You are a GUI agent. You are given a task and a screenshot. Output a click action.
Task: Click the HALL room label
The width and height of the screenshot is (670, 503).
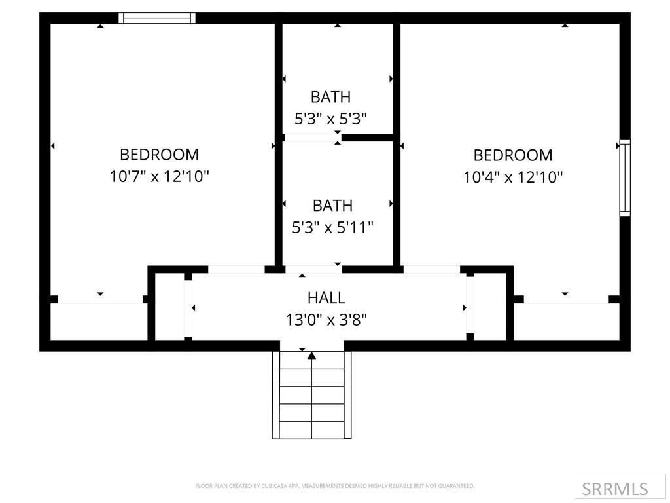tap(326, 298)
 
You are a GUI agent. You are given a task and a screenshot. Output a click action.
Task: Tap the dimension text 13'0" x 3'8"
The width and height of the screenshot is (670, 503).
tap(326, 320)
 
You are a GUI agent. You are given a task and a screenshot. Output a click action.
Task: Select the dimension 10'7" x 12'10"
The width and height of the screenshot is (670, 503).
tap(159, 176)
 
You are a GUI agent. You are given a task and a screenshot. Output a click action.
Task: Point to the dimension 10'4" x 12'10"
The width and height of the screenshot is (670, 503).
tap(513, 177)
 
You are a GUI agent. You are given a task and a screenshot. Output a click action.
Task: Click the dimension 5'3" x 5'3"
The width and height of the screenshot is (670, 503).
tap(330, 119)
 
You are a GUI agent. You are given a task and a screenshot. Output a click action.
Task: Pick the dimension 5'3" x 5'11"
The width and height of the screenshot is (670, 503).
tap(332, 227)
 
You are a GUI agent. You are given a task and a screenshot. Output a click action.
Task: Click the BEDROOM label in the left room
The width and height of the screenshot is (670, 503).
tap(159, 155)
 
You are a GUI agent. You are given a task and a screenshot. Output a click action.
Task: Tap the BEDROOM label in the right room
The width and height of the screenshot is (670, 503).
tap(513, 155)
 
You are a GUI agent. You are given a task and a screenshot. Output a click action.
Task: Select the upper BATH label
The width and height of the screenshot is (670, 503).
tap(330, 97)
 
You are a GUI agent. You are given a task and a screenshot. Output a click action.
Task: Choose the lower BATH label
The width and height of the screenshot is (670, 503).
tap(332, 206)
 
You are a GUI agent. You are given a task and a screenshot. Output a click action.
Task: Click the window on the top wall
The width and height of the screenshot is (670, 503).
tap(158, 18)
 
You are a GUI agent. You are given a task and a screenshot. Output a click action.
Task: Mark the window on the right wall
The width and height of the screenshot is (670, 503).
tap(625, 177)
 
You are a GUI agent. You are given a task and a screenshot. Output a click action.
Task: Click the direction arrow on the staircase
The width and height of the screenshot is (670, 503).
tap(312, 356)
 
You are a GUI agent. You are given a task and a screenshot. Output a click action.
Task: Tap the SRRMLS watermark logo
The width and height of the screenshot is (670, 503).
tap(614, 489)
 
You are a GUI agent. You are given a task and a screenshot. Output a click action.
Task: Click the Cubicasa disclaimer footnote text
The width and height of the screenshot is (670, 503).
tap(334, 486)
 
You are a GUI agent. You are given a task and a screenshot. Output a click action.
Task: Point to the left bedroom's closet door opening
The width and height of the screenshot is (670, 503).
tap(100, 299)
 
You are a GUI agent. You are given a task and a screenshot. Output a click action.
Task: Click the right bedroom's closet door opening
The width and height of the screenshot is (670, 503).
tap(566, 299)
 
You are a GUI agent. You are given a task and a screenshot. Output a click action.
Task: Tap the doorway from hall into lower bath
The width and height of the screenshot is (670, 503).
tap(313, 269)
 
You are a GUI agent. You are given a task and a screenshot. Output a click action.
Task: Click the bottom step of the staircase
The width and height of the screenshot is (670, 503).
tap(311, 430)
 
